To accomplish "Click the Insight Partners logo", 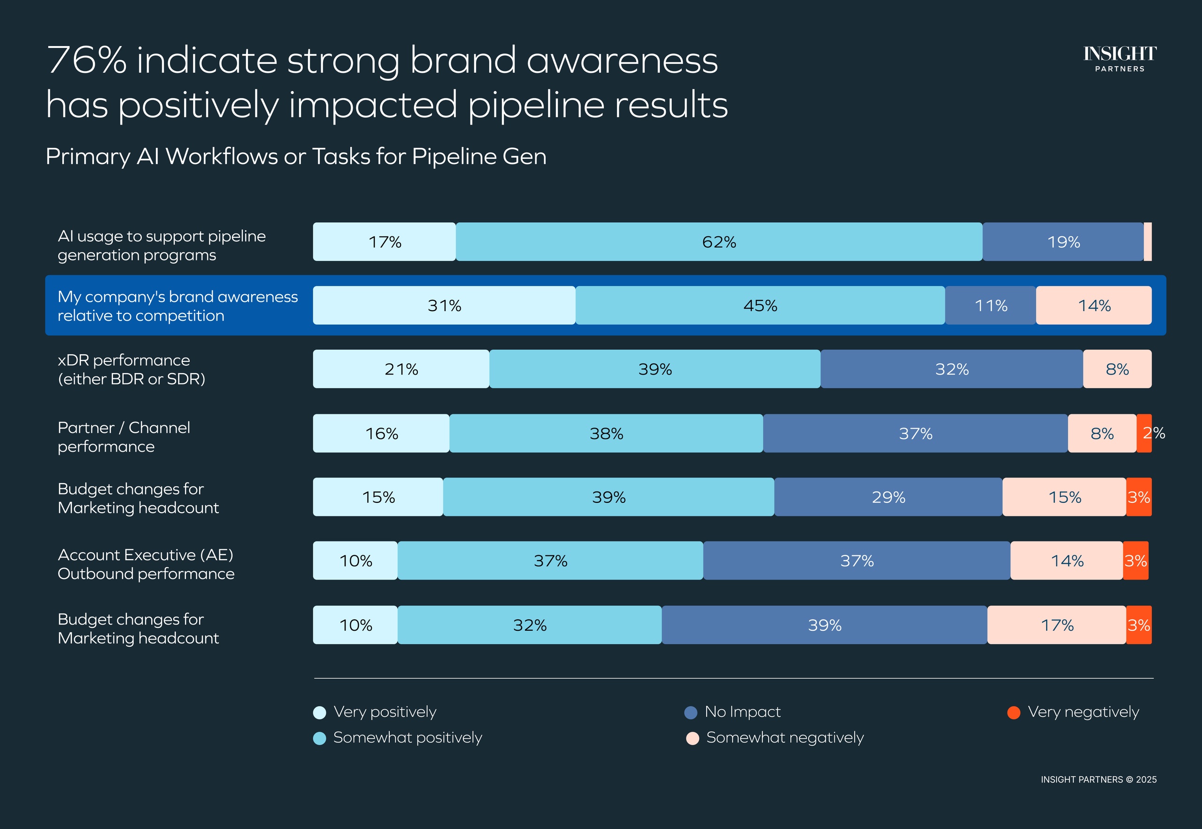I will click(1119, 58).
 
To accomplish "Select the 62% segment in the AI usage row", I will click(719, 242).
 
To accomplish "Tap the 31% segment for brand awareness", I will click(444, 305).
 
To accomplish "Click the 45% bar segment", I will click(760, 305).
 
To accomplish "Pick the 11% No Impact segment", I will click(990, 305).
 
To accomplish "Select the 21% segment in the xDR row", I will click(401, 369).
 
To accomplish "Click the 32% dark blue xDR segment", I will click(951, 369).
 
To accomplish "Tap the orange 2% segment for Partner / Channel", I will click(1144, 433).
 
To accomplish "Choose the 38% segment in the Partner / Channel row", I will click(606, 433).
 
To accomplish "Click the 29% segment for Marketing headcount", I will click(888, 497).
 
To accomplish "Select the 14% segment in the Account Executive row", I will click(1067, 561).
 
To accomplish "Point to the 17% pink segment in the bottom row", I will click(1057, 625).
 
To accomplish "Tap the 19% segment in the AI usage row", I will click(1063, 242).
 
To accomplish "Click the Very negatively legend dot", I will click(1014, 712).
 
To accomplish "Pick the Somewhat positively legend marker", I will click(320, 738).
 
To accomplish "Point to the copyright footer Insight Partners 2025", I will click(1098, 780).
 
